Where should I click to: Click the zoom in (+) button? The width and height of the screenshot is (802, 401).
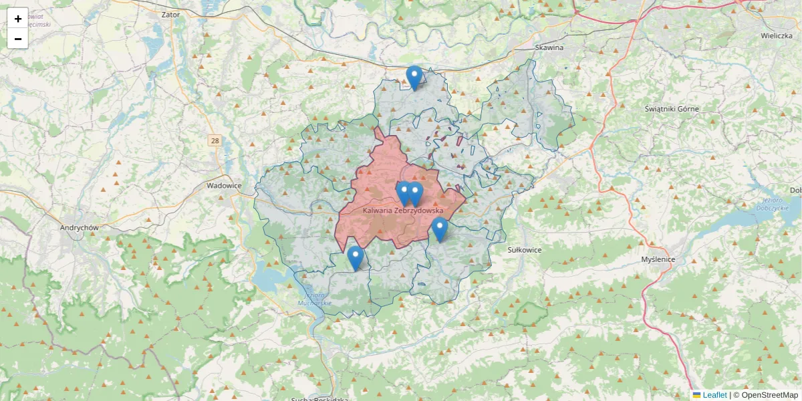click(x=18, y=19)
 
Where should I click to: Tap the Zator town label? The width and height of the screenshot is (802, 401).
click(x=171, y=13)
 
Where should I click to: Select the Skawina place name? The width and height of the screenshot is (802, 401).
click(x=549, y=47)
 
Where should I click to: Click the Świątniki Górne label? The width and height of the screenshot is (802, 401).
click(x=672, y=108)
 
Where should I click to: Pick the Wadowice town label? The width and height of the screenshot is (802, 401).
click(x=224, y=186)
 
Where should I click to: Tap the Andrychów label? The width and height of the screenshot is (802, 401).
click(x=80, y=227)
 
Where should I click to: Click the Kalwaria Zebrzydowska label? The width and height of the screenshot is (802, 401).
click(x=403, y=210)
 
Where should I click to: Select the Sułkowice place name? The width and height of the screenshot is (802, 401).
click(x=525, y=249)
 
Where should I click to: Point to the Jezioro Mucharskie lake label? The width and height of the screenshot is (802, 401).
click(x=315, y=299)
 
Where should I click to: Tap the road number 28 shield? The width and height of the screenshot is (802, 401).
click(x=215, y=140)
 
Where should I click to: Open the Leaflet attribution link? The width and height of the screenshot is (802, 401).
click(x=714, y=395)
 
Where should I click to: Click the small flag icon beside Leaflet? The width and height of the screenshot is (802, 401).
click(x=696, y=395)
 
